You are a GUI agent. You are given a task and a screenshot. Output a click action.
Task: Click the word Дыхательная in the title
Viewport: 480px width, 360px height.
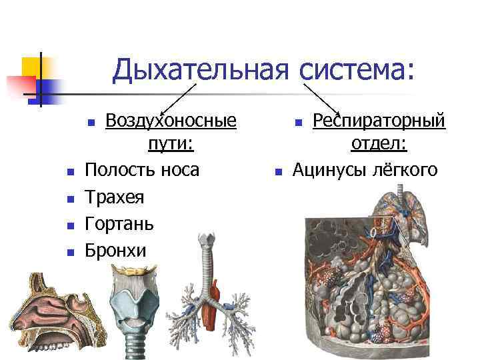[200, 70]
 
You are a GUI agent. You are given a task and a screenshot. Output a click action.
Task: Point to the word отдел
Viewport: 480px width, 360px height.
[377, 145]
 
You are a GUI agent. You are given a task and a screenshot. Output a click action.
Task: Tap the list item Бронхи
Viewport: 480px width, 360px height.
[115, 251]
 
